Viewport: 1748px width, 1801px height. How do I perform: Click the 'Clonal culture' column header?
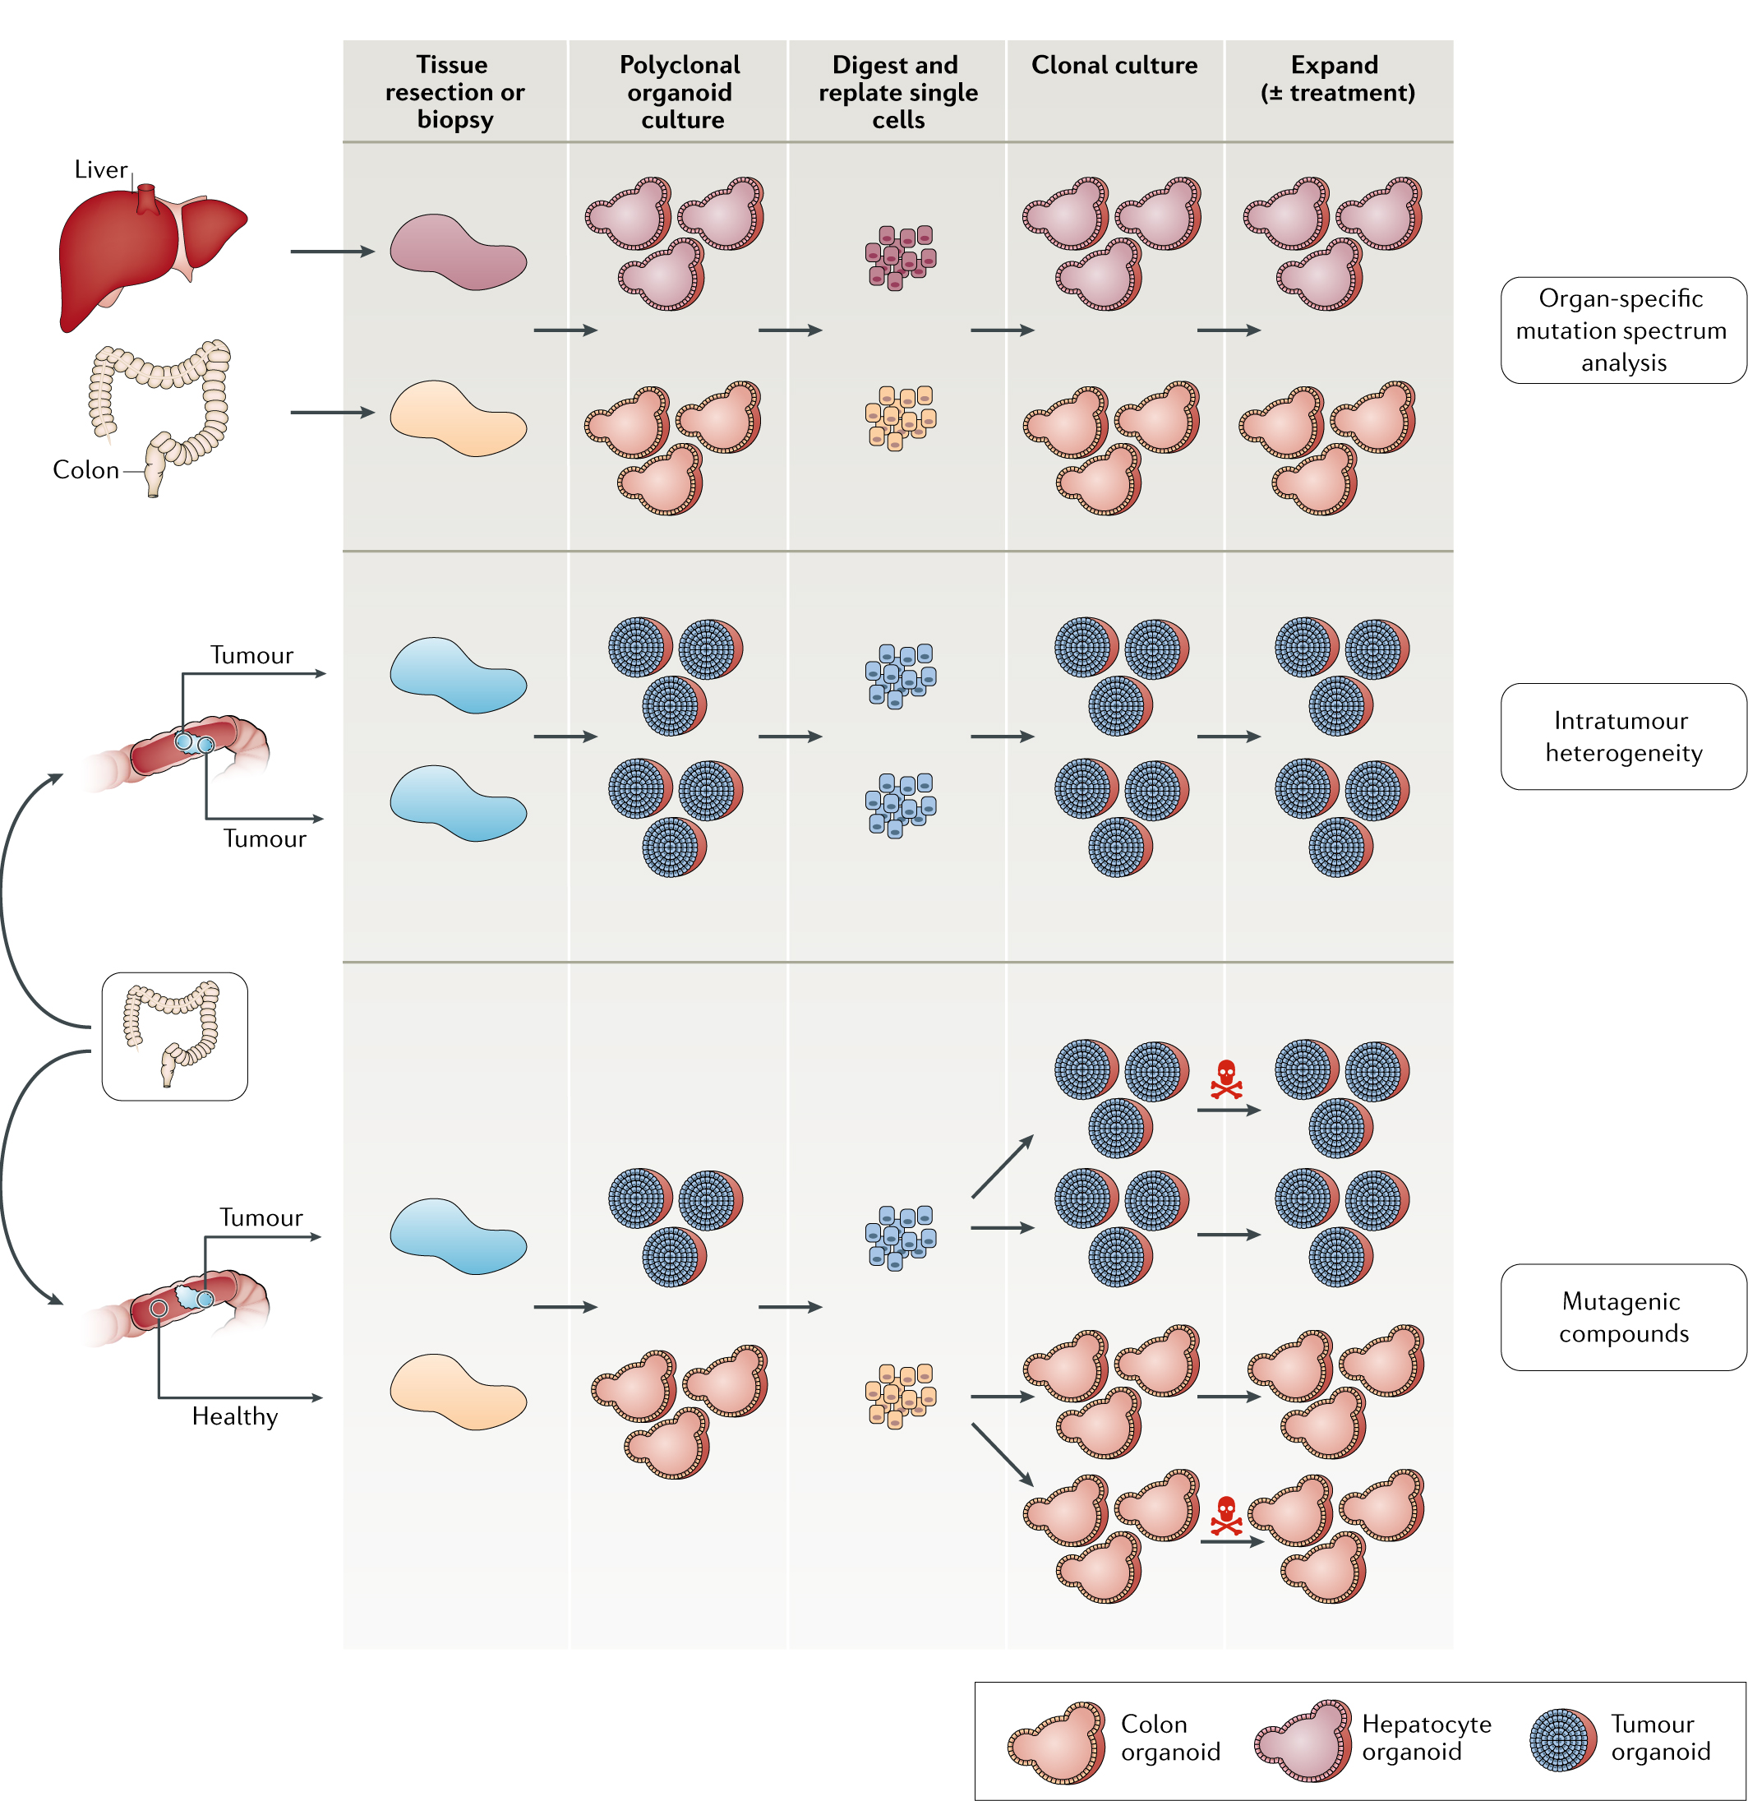tap(1114, 65)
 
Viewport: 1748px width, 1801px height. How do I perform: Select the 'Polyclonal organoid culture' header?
tap(680, 92)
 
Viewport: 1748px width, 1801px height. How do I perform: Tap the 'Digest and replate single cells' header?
tap(897, 92)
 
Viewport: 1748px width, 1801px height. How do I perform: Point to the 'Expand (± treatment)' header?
tap(1336, 79)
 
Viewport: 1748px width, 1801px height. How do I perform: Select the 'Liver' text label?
tap(100, 170)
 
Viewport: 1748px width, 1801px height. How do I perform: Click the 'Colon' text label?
tap(85, 469)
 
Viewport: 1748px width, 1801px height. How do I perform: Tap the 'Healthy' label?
tap(234, 1416)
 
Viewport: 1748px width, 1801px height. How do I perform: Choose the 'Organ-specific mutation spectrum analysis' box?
tap(1622, 330)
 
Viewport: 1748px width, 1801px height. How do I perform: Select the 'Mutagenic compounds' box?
tap(1622, 1317)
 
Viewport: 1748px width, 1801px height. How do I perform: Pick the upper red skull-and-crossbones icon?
tap(1225, 1079)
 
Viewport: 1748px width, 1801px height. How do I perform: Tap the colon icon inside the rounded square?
tap(173, 1036)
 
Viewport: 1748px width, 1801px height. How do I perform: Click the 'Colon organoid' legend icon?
tap(1056, 1742)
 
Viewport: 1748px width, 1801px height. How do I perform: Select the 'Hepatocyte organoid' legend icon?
tap(1303, 1740)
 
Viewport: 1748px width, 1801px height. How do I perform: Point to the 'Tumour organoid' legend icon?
tap(1562, 1739)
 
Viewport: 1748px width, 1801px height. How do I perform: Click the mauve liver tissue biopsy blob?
tap(458, 252)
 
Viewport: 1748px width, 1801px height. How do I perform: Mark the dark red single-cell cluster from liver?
tap(899, 257)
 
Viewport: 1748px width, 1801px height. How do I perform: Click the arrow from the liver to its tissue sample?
tap(331, 251)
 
